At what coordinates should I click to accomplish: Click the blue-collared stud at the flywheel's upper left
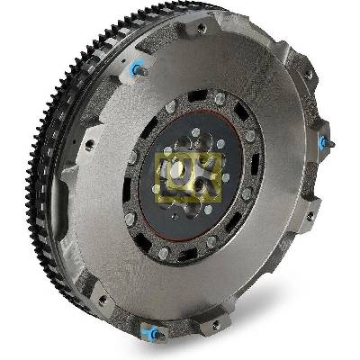tap(139, 69)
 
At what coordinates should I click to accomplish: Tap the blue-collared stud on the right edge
tap(327, 141)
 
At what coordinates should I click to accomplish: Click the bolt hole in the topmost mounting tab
tap(202, 28)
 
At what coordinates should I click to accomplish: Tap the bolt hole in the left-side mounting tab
tap(89, 145)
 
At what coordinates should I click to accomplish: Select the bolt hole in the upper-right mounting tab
tap(308, 76)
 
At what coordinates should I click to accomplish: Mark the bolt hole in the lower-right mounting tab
tap(310, 215)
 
